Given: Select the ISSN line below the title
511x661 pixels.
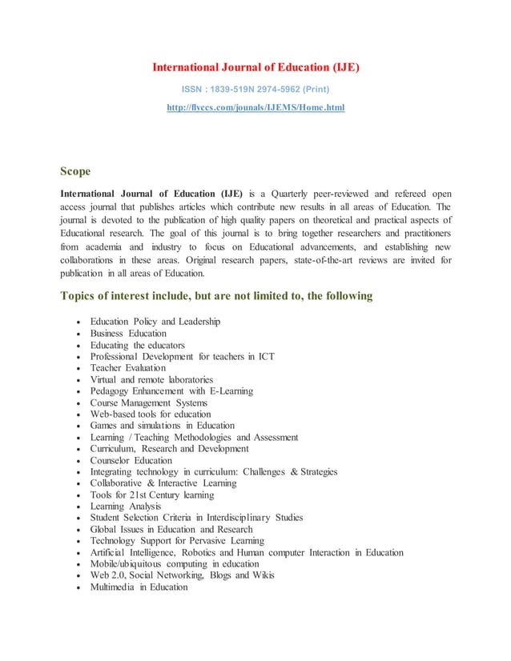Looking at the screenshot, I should point(255,88).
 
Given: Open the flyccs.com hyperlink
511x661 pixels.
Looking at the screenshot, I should point(255,106).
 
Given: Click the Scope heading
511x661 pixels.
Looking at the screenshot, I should point(75,171).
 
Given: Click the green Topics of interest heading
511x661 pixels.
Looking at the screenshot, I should point(216,296).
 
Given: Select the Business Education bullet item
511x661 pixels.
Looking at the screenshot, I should point(128,333).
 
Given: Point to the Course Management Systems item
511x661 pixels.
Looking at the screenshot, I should point(148,403).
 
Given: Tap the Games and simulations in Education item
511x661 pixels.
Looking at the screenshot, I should point(163,426).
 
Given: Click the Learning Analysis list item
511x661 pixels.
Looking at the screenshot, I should point(125,507).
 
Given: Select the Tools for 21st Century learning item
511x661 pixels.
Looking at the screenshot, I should point(152,495).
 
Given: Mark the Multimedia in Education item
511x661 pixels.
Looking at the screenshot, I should point(139,587).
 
